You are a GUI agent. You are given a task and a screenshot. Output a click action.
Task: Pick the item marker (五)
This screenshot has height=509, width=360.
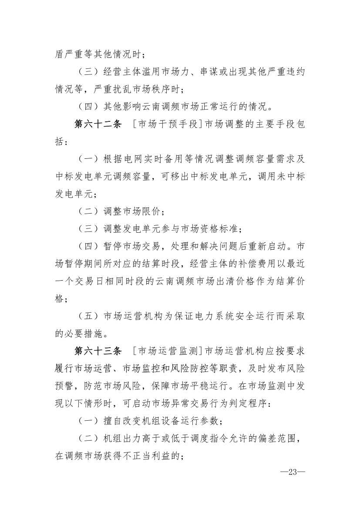point(85,316)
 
